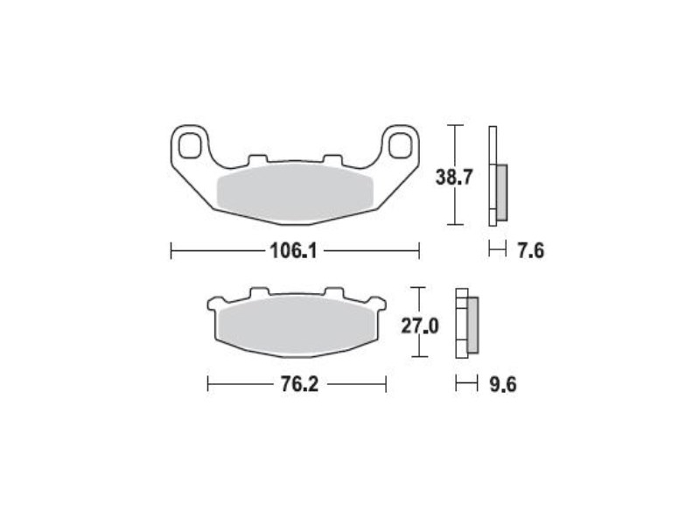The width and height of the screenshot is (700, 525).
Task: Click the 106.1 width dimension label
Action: click(294, 251)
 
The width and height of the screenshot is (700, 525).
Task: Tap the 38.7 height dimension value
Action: click(454, 178)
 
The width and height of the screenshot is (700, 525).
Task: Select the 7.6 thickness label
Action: click(531, 250)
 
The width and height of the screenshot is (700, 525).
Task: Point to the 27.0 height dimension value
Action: click(420, 325)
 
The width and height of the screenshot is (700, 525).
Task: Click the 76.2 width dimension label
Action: click(299, 384)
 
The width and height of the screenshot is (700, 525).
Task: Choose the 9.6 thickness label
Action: click(503, 384)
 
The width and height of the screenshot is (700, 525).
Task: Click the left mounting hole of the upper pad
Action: click(190, 145)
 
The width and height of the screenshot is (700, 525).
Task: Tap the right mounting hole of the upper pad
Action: click(400, 145)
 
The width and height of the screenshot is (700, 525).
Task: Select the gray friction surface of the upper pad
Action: click(294, 193)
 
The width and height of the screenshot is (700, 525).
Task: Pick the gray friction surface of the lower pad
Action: click(297, 325)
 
